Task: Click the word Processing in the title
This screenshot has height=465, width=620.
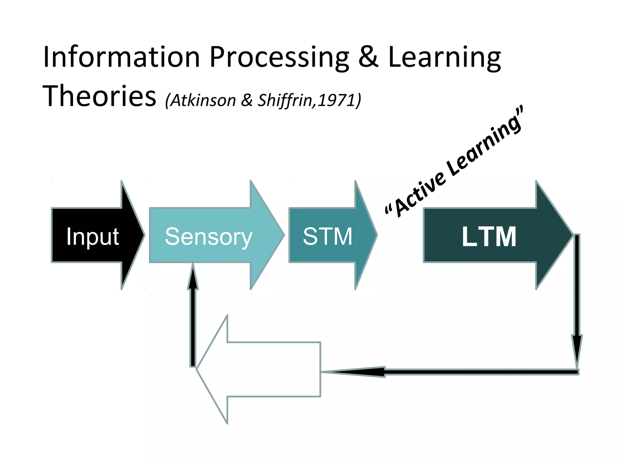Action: tap(279, 58)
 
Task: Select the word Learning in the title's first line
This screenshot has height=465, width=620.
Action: tap(444, 58)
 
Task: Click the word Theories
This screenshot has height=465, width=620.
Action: tap(99, 96)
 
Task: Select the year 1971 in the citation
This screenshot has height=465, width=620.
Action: tap(336, 100)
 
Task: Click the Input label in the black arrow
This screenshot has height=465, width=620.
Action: tap(92, 236)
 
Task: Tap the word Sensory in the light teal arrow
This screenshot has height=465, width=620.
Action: tap(208, 236)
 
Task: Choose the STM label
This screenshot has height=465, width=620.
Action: tap(328, 236)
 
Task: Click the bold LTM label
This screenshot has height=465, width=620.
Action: tap(489, 236)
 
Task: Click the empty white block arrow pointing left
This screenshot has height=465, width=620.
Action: tap(266, 369)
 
